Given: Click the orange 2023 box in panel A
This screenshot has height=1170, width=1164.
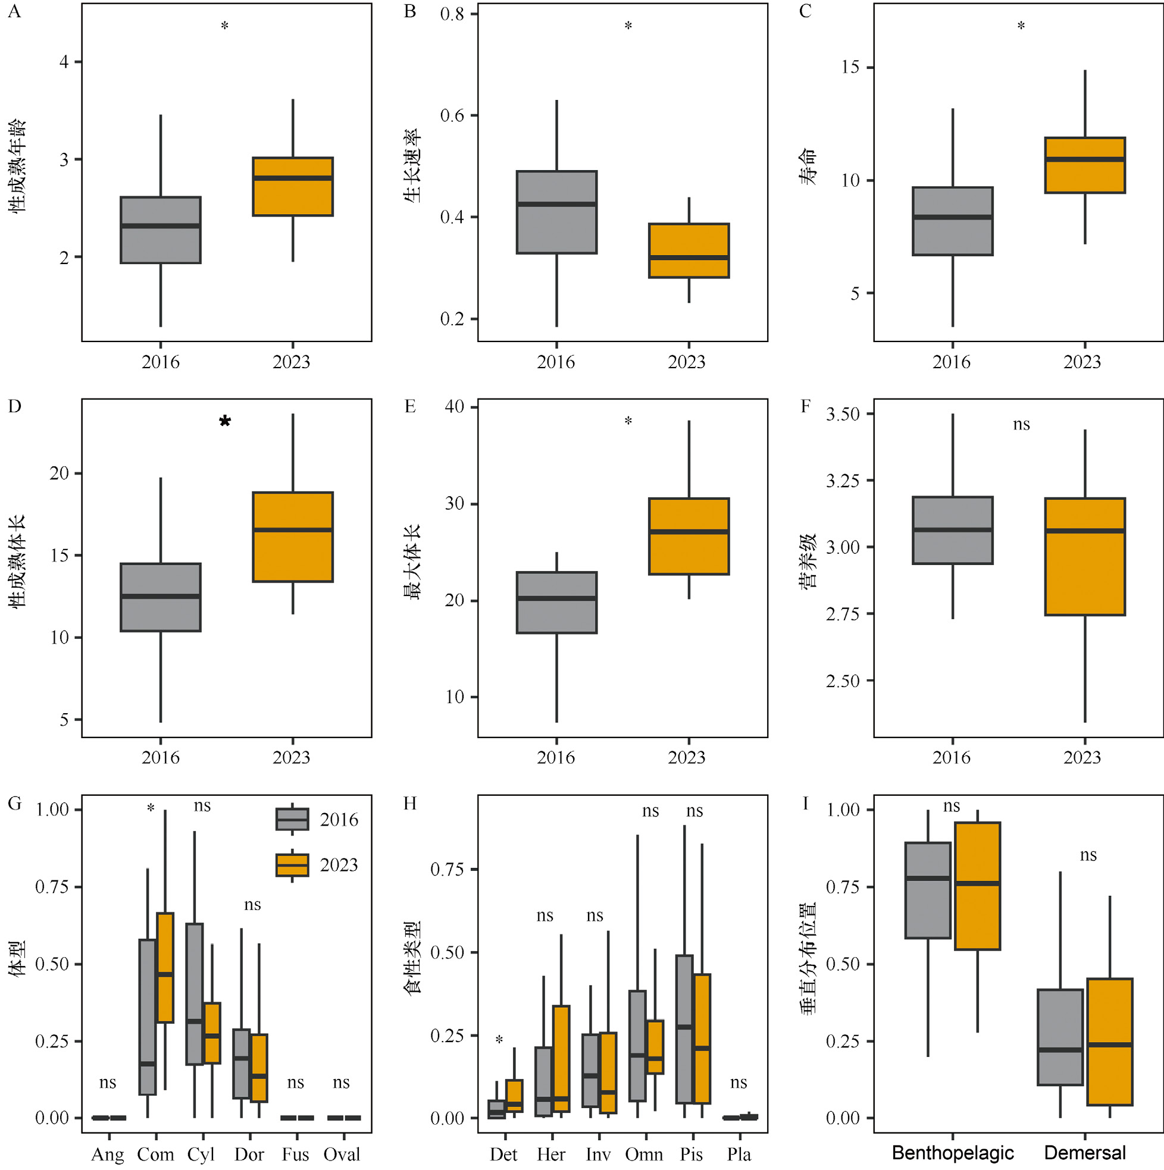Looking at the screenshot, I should (x=293, y=187).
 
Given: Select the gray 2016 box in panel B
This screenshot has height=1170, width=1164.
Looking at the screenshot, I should (x=556, y=212).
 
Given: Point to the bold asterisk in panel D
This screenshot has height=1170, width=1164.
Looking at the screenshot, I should (x=225, y=422).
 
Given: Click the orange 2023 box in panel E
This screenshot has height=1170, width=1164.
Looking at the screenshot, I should (x=689, y=536).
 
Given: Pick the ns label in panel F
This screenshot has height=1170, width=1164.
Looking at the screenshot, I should (x=1021, y=425).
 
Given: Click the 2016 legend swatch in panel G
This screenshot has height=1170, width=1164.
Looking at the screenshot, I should (x=292, y=820).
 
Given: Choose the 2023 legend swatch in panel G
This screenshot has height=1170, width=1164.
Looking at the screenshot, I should (x=292, y=865).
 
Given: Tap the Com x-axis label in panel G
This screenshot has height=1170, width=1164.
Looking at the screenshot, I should (x=155, y=1155).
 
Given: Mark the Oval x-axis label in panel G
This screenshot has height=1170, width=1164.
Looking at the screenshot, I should (x=342, y=1155).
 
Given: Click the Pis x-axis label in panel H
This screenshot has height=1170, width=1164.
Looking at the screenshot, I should (x=691, y=1155).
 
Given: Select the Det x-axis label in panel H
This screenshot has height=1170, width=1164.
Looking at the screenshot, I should (x=503, y=1155).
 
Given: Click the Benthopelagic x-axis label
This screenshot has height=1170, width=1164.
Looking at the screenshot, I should (x=953, y=1153).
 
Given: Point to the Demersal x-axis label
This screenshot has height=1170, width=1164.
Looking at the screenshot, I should (x=1085, y=1153).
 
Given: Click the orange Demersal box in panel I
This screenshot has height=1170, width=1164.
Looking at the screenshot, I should (x=1109, y=1042).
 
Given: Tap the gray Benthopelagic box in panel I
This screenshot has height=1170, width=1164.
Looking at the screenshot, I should (x=928, y=890).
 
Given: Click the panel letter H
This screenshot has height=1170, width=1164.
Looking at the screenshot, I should (x=410, y=804).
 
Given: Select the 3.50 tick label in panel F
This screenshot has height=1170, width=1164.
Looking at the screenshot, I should (x=843, y=414).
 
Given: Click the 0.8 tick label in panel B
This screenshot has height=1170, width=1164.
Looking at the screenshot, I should (x=452, y=14).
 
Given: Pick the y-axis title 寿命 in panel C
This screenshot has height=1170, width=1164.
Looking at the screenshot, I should (x=807, y=167).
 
